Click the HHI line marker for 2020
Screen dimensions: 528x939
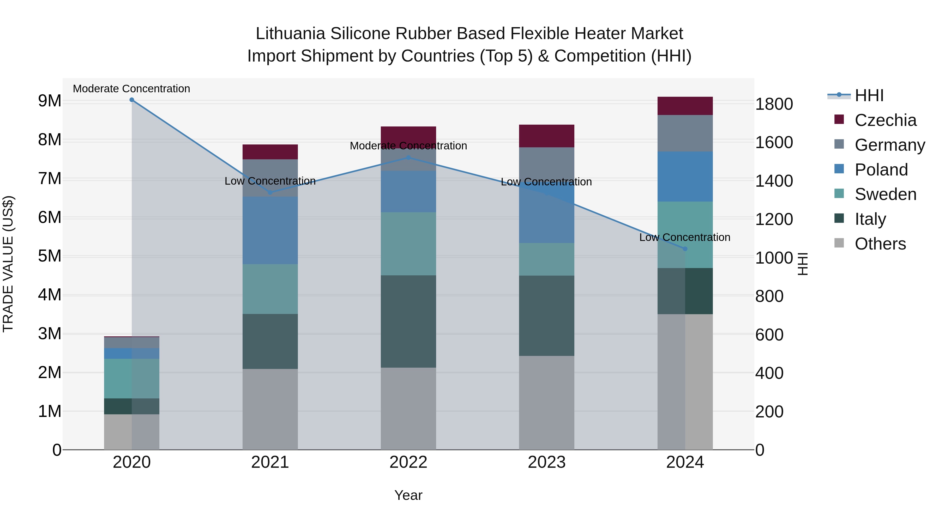click(x=132, y=100)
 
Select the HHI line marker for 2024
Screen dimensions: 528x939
click(x=685, y=249)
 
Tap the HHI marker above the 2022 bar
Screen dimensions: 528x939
click(x=408, y=158)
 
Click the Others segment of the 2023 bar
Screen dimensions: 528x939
click(x=546, y=403)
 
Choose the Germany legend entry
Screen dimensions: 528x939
click(x=889, y=145)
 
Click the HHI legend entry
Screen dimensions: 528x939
click(x=869, y=95)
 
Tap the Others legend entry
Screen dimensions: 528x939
click(x=880, y=244)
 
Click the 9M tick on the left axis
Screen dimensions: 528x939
click(x=50, y=101)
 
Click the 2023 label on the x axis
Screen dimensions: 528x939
click(x=546, y=462)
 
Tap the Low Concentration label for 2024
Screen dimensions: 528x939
click(x=685, y=237)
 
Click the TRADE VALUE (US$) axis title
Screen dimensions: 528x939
click(x=8, y=264)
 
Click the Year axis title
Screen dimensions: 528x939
click(x=408, y=495)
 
